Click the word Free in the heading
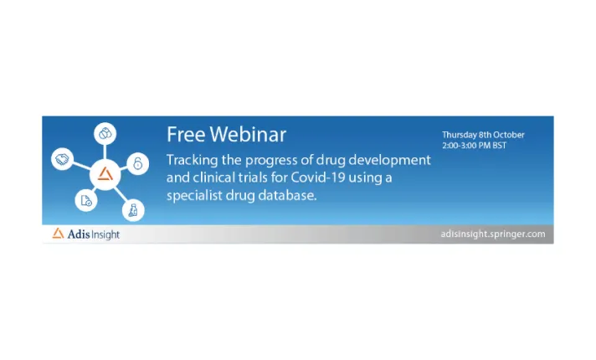184,135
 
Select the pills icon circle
105,132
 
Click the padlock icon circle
138,163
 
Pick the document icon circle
85,199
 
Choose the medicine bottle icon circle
131,208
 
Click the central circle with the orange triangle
105,174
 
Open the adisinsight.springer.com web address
492,234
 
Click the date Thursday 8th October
483,135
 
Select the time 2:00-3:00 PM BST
474,146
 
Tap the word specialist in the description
198,195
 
